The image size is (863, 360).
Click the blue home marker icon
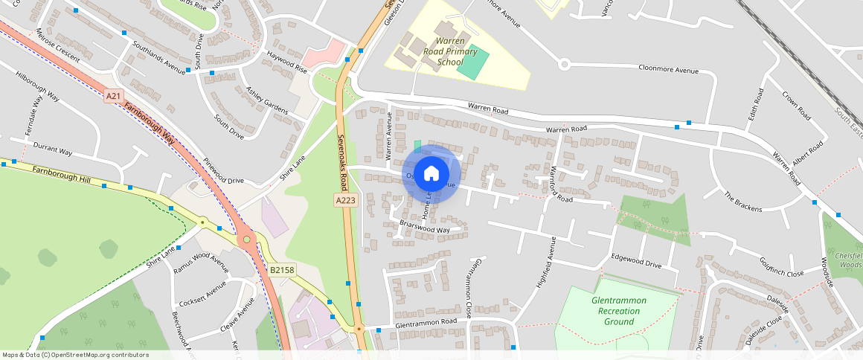[431, 174]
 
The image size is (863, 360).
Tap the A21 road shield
[113, 96]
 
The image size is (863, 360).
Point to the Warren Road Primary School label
[450, 51]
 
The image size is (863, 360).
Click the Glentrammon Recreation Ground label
[618, 311]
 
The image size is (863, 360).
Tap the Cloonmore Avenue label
[668, 70]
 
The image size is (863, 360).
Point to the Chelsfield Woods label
[848, 260]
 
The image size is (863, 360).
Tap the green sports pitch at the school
[473, 64]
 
